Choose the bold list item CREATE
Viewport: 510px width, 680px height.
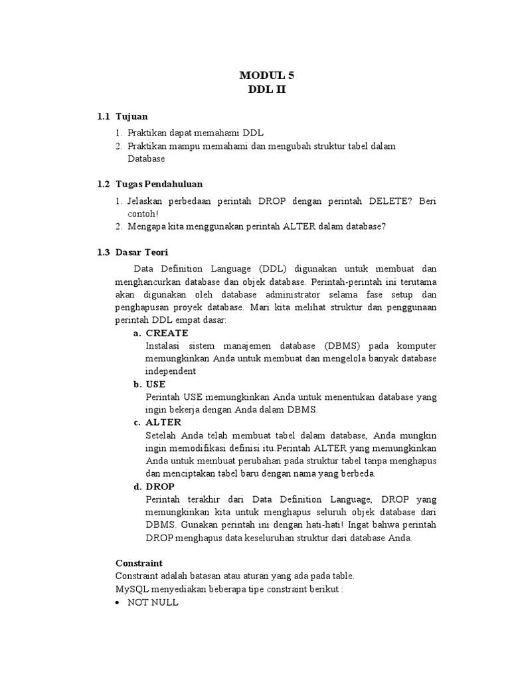[x=167, y=333]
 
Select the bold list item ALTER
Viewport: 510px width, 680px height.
[x=163, y=422]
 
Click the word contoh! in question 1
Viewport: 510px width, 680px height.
[x=143, y=213]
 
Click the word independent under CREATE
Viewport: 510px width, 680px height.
[x=171, y=371]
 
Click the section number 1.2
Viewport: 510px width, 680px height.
[x=103, y=183]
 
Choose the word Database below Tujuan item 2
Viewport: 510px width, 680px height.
[x=146, y=159]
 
